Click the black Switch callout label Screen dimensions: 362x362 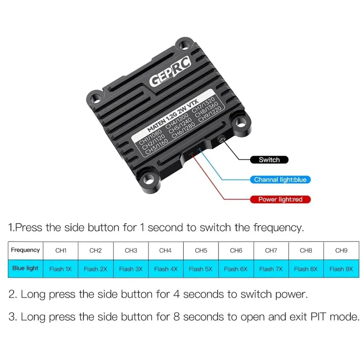tap(269, 160)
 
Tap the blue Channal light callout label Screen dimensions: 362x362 tap(280, 180)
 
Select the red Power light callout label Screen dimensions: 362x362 tap(280, 199)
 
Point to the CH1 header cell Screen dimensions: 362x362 tap(61, 251)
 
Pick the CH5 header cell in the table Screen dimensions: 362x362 tap(201, 251)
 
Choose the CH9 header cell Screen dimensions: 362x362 tap(341, 251)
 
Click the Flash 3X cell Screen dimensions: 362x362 tap(131, 269)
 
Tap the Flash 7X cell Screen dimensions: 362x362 tap(271, 269)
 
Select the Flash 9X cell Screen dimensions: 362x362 tap(341, 269)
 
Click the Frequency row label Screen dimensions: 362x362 tap(25, 250)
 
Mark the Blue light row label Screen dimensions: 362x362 tap(25, 268)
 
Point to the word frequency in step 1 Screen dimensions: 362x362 tap(278, 228)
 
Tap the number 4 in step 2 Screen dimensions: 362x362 tap(176, 295)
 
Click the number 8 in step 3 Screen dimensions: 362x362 tap(176, 316)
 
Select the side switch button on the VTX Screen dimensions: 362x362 tap(222, 139)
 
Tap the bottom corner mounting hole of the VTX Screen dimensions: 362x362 tap(148, 179)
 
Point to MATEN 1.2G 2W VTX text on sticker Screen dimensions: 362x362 tap(172, 116)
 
